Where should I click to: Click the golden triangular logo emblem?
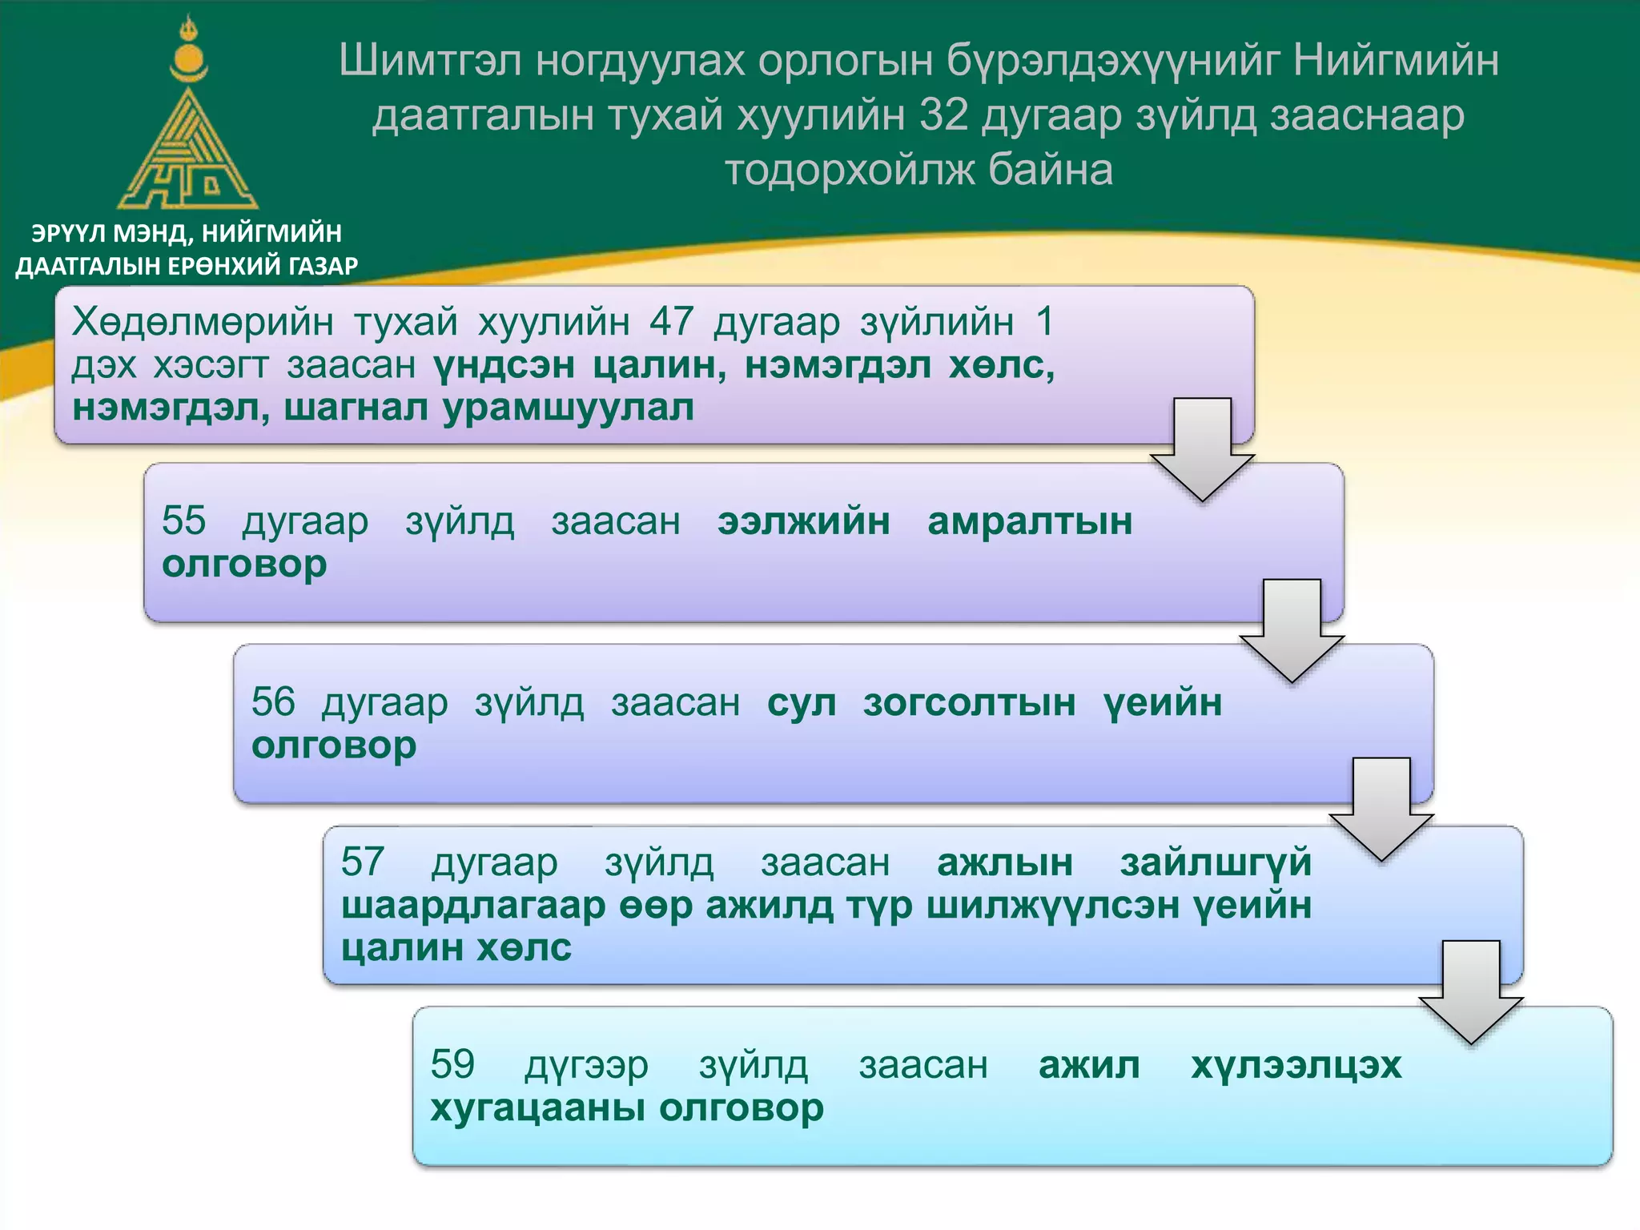point(187,152)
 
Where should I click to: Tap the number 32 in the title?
point(944,115)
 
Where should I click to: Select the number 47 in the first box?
point(671,322)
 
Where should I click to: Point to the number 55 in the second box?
point(183,521)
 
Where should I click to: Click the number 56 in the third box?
point(273,702)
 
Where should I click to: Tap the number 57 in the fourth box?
point(363,862)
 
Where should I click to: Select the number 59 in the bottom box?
point(452,1065)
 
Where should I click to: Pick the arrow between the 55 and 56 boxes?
point(1292,631)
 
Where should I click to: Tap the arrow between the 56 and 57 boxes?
point(1381,810)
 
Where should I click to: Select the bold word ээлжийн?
point(803,521)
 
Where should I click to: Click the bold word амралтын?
point(1030,521)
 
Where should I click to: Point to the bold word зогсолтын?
point(969,703)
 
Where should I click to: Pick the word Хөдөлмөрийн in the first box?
point(203,322)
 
